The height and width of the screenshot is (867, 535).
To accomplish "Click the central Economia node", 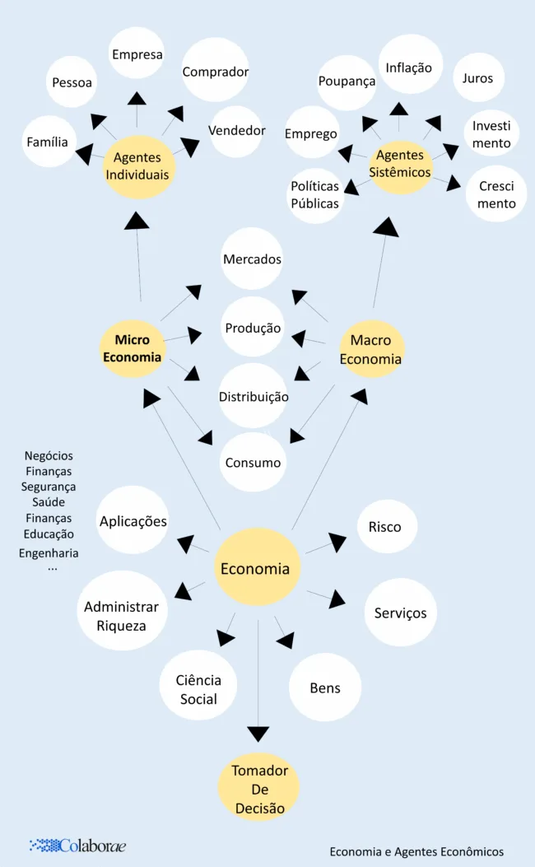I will click(255, 568).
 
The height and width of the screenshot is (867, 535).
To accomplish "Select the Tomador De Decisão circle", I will click(259, 789).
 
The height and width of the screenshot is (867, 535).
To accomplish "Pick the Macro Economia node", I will click(371, 349).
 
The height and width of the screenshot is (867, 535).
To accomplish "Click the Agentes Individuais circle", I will click(141, 166).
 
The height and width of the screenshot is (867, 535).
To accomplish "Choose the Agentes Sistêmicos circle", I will click(400, 165).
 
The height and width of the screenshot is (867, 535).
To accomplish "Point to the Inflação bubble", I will click(409, 67).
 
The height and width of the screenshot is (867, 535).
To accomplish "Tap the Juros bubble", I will click(478, 78).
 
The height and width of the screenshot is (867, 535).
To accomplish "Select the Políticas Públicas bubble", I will click(315, 195).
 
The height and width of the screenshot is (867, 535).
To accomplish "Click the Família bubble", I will click(48, 142).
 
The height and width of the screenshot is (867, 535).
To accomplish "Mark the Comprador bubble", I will click(216, 72).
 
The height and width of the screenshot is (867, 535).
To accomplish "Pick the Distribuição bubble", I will click(254, 397).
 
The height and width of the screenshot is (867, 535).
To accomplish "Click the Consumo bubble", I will click(254, 462).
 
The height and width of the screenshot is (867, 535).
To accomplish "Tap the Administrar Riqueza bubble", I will click(121, 616).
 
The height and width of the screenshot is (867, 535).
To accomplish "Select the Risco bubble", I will click(386, 527).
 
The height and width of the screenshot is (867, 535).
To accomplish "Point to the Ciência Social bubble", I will click(199, 690).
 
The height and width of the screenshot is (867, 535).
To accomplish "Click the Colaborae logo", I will click(77, 846).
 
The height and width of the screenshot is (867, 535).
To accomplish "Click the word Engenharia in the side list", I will click(49, 553).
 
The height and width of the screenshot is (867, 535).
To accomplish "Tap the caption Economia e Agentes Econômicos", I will click(416, 851).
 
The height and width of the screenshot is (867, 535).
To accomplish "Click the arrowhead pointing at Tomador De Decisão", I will click(258, 733).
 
